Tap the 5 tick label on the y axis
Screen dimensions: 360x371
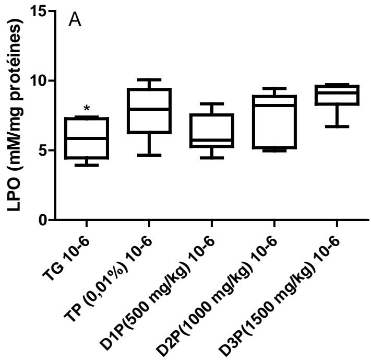point(39,150)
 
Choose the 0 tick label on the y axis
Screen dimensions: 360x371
point(39,220)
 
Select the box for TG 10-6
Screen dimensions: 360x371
point(87,138)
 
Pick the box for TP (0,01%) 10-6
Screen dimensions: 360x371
point(149,111)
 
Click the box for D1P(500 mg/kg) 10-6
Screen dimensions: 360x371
point(211,131)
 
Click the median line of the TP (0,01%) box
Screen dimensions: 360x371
point(149,109)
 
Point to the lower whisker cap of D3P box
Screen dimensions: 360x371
point(336,126)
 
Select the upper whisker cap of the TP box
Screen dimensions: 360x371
point(149,79)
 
